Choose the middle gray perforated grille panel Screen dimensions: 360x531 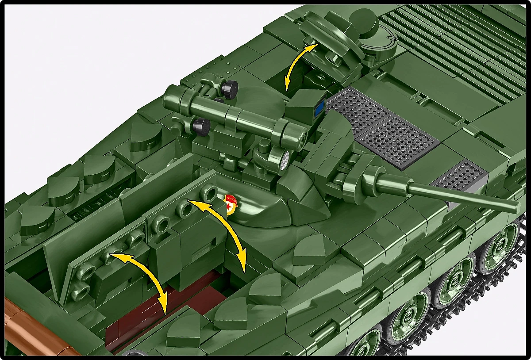click(398, 142)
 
